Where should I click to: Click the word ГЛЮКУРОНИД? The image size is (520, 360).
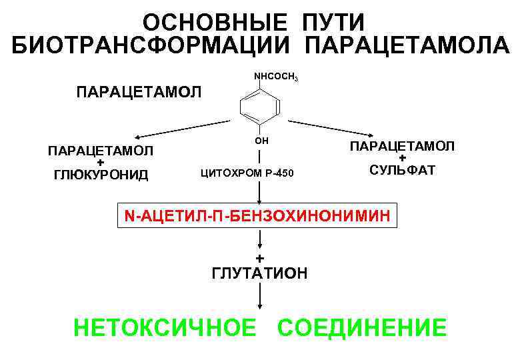coord(101,176)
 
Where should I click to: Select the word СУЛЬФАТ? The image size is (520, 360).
coord(403,170)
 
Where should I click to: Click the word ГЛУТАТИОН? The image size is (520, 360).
coord(259,273)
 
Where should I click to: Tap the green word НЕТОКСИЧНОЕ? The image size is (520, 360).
coord(165,328)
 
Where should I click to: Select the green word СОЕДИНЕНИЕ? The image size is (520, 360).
coord(362,328)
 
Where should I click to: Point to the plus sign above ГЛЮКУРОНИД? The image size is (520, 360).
coord(100,163)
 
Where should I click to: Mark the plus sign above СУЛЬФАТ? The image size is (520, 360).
coord(403,158)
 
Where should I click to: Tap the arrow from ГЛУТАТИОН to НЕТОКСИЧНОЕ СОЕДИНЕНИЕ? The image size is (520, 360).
coord(260,296)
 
